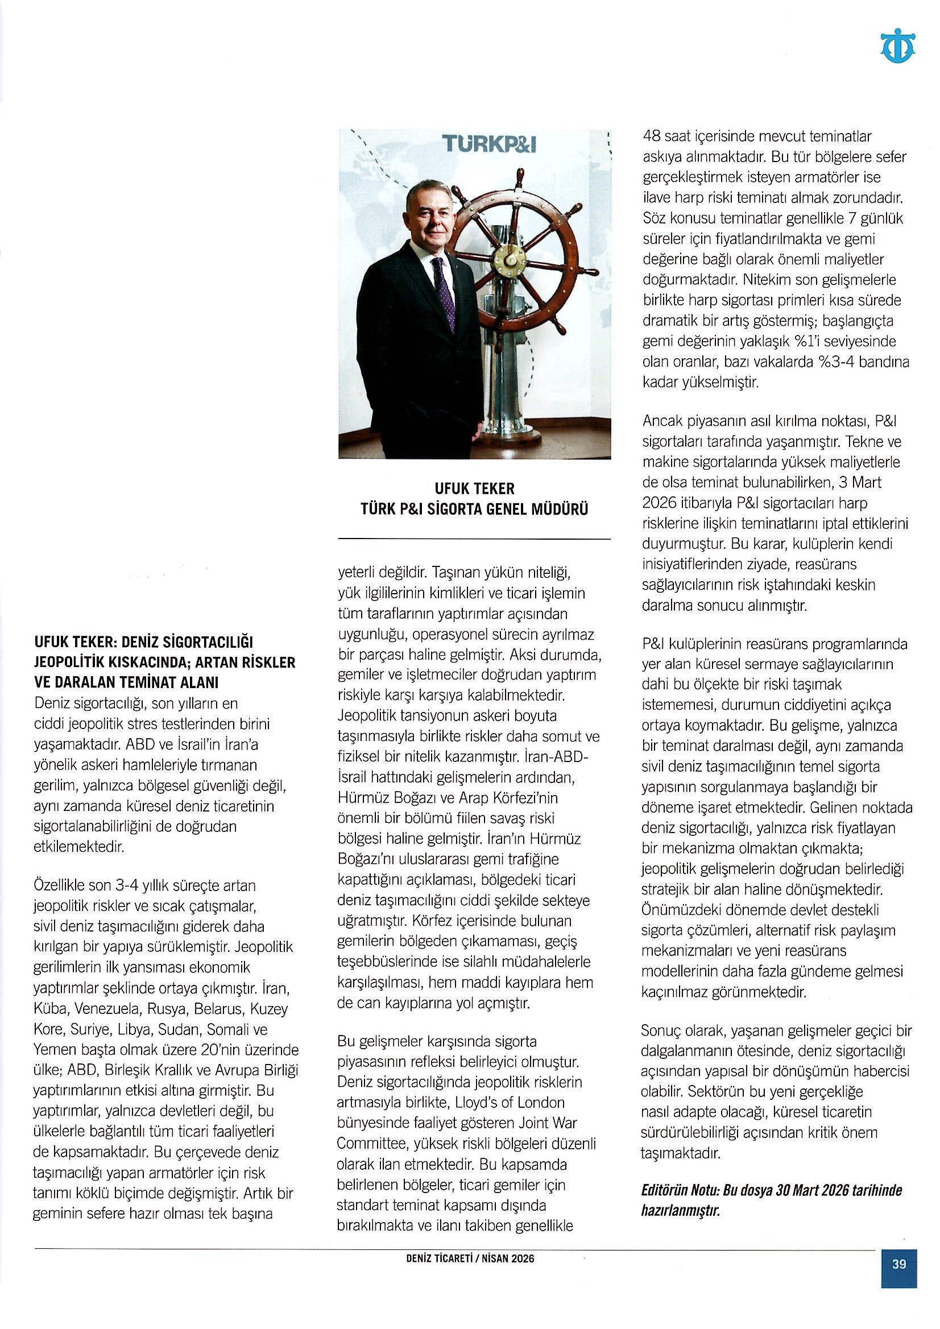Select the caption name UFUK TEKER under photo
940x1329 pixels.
click(474, 488)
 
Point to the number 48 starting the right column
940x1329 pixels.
click(652, 136)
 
